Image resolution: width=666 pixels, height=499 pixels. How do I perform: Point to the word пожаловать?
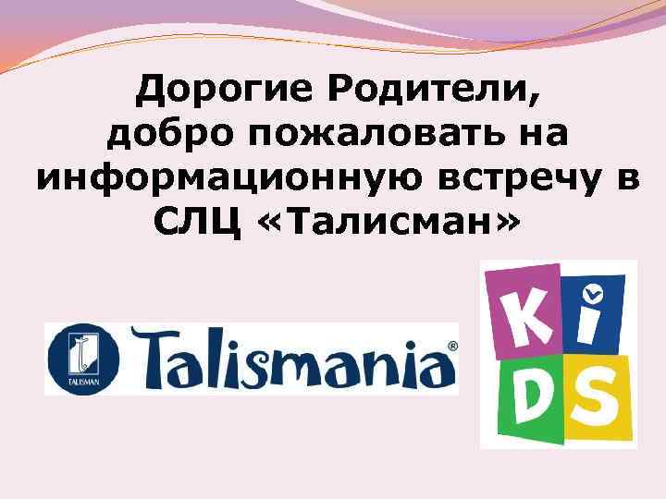pos(364,135)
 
